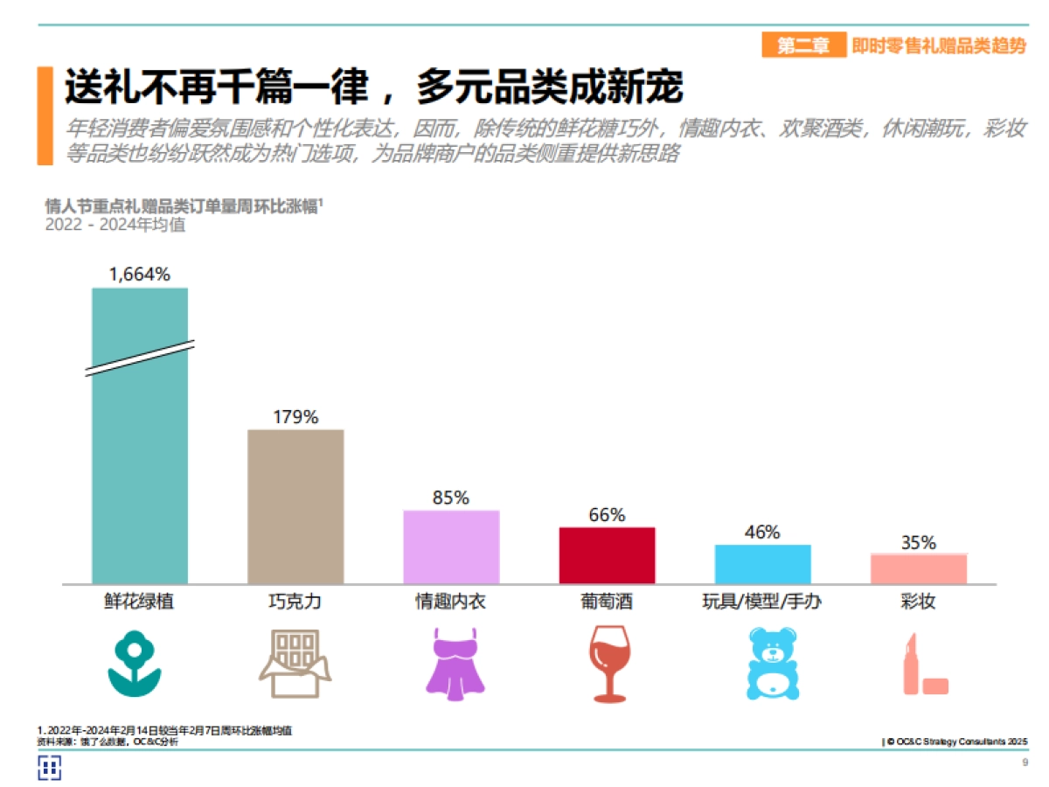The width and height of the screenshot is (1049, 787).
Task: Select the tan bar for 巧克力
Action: (295, 506)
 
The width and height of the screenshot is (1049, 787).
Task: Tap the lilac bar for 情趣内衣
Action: (451, 547)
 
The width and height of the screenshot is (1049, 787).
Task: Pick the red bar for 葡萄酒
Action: (607, 555)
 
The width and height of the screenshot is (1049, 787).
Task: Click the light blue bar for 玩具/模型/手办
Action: (762, 564)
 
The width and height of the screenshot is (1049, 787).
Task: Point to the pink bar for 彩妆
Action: (918, 568)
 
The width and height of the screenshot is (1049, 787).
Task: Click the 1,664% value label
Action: (140, 274)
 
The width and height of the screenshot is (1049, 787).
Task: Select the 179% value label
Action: (295, 416)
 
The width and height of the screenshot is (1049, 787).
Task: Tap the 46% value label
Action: (762, 532)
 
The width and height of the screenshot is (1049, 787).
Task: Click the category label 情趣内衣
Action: (450, 602)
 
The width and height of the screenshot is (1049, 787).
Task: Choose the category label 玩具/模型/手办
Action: (762, 602)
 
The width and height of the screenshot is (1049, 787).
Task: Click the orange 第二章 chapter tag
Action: (803, 46)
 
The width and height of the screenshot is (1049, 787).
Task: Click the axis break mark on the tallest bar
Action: (140, 358)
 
